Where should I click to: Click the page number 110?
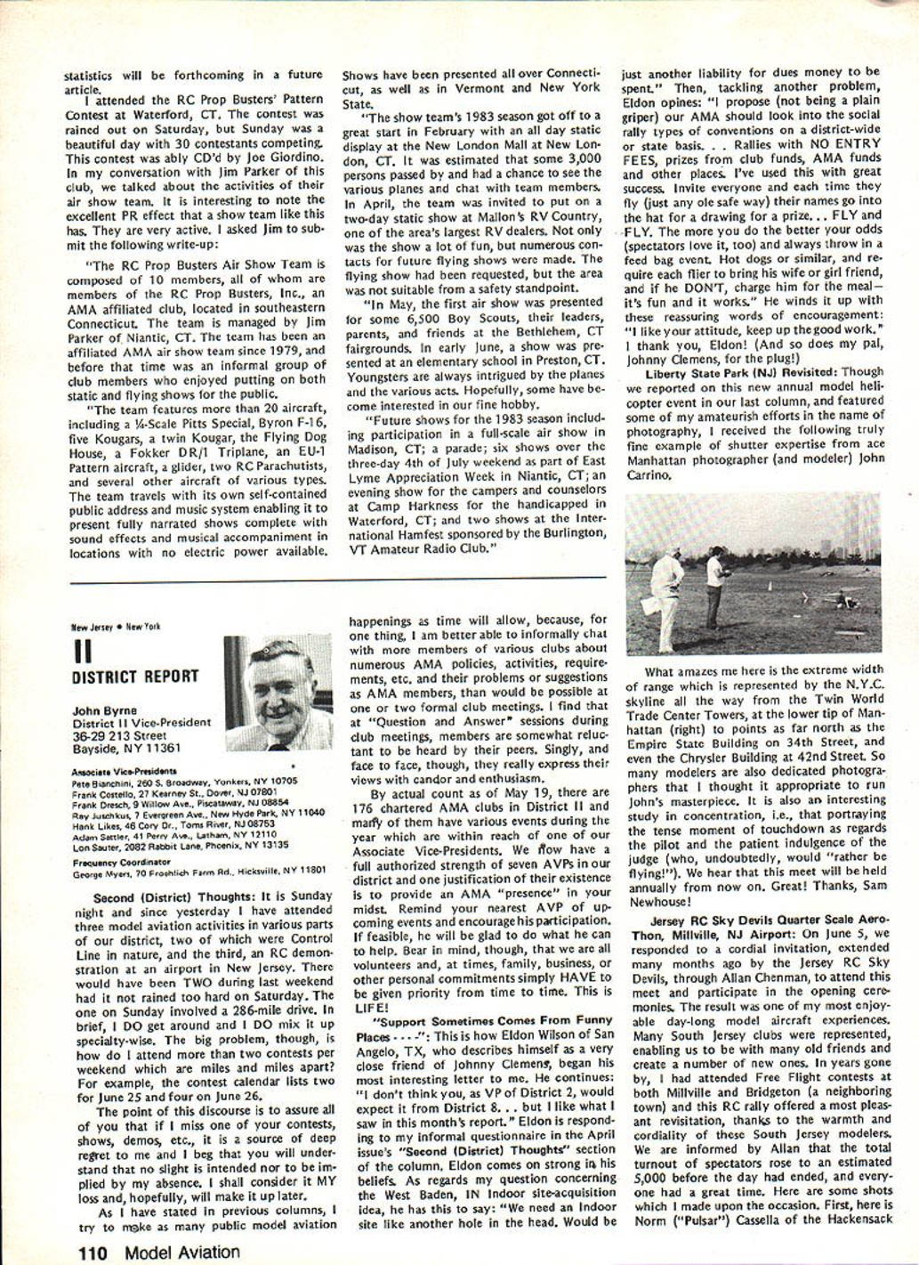pyautogui.click(x=92, y=1253)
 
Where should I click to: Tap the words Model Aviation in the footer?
pyautogui.click(x=182, y=1253)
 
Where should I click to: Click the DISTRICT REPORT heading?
pyautogui.click(x=135, y=676)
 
